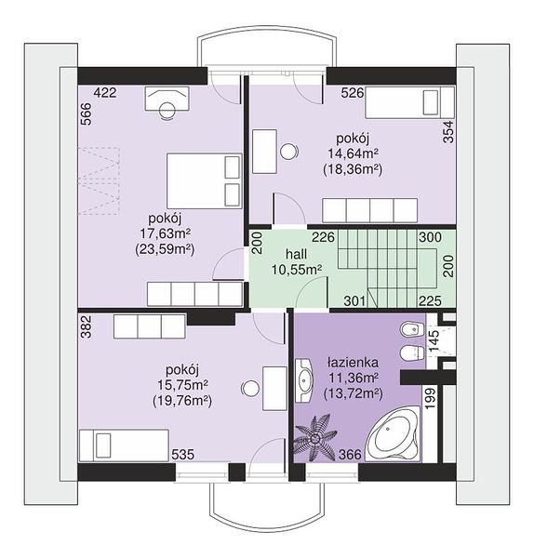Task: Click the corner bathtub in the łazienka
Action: point(393,435)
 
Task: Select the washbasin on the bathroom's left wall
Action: point(304,380)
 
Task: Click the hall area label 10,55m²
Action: point(297,270)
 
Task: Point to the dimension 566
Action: point(87,114)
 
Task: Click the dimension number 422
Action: point(105,93)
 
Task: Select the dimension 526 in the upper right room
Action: point(353,93)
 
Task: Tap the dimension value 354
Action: point(449,132)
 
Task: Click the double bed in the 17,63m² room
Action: point(205,180)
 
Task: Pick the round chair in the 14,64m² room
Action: point(288,152)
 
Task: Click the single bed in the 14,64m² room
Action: point(409,102)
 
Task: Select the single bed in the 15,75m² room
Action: point(124,445)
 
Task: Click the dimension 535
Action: point(183,455)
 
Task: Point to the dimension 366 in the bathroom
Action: point(351,455)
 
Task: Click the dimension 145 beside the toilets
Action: point(434,341)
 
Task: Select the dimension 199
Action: point(431,398)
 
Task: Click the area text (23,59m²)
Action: point(165,250)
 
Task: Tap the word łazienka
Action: point(353,363)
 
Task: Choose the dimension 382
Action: point(87,326)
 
